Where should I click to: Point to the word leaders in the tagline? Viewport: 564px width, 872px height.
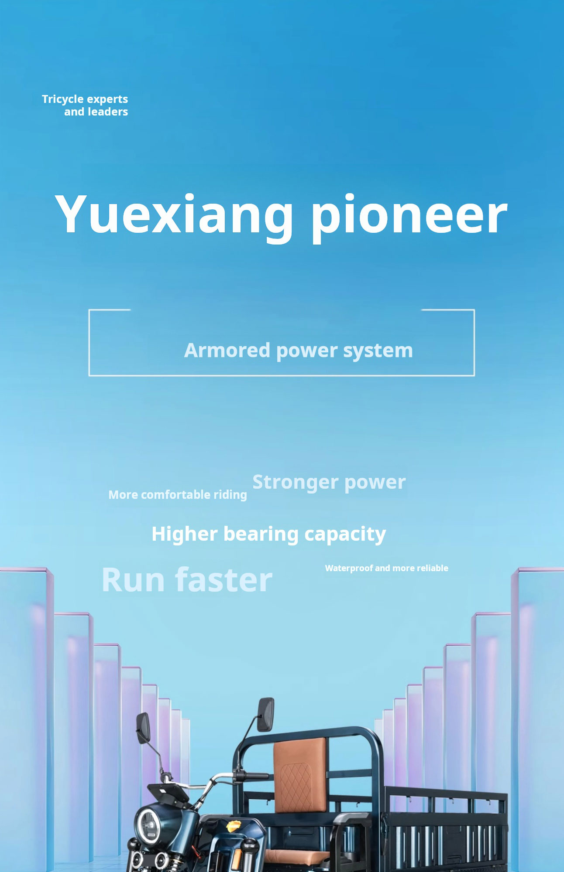click(108, 112)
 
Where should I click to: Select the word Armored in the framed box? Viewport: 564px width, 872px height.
click(227, 351)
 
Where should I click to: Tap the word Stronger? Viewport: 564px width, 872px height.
click(295, 482)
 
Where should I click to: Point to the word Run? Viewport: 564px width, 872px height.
click(133, 580)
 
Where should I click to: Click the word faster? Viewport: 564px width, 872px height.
click(224, 580)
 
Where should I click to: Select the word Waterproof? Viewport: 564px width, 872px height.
click(348, 568)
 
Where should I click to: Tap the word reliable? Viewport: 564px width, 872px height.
click(432, 568)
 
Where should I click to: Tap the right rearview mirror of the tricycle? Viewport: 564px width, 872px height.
click(265, 714)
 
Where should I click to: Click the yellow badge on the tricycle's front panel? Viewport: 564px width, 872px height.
click(234, 824)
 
